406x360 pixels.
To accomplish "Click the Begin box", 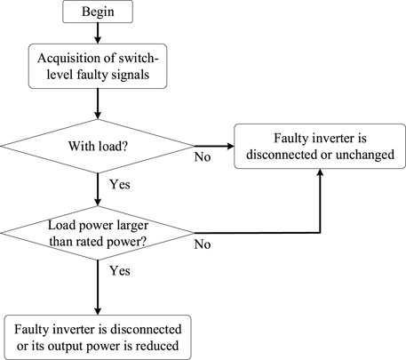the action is click(x=98, y=12).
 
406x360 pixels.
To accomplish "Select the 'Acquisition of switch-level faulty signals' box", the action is click(x=98, y=66).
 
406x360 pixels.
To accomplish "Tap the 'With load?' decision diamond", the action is click(x=98, y=146).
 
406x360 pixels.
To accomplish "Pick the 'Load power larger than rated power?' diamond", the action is click(x=98, y=233).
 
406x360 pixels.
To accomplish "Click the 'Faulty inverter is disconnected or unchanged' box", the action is click(x=320, y=147).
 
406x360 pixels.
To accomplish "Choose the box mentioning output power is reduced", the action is click(x=98, y=337).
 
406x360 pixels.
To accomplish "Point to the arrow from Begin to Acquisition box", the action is click(x=98, y=33).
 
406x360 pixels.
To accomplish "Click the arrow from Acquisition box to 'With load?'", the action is click(x=98, y=104).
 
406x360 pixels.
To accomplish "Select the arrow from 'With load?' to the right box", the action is click(x=214, y=146).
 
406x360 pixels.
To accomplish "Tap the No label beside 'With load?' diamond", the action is click(x=203, y=157).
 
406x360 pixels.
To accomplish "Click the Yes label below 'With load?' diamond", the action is click(x=120, y=184).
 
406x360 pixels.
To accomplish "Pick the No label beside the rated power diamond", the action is click(x=203, y=244).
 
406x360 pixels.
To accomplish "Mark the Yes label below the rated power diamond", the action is click(x=120, y=271).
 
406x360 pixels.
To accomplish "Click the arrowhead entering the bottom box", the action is click(x=98, y=311).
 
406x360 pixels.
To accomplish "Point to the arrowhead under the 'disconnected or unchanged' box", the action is click(x=320, y=172).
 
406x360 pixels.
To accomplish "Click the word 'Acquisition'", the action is click(x=70, y=58).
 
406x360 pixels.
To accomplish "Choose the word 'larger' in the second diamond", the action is click(x=132, y=226).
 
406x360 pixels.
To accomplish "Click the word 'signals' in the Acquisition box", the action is click(x=131, y=75).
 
